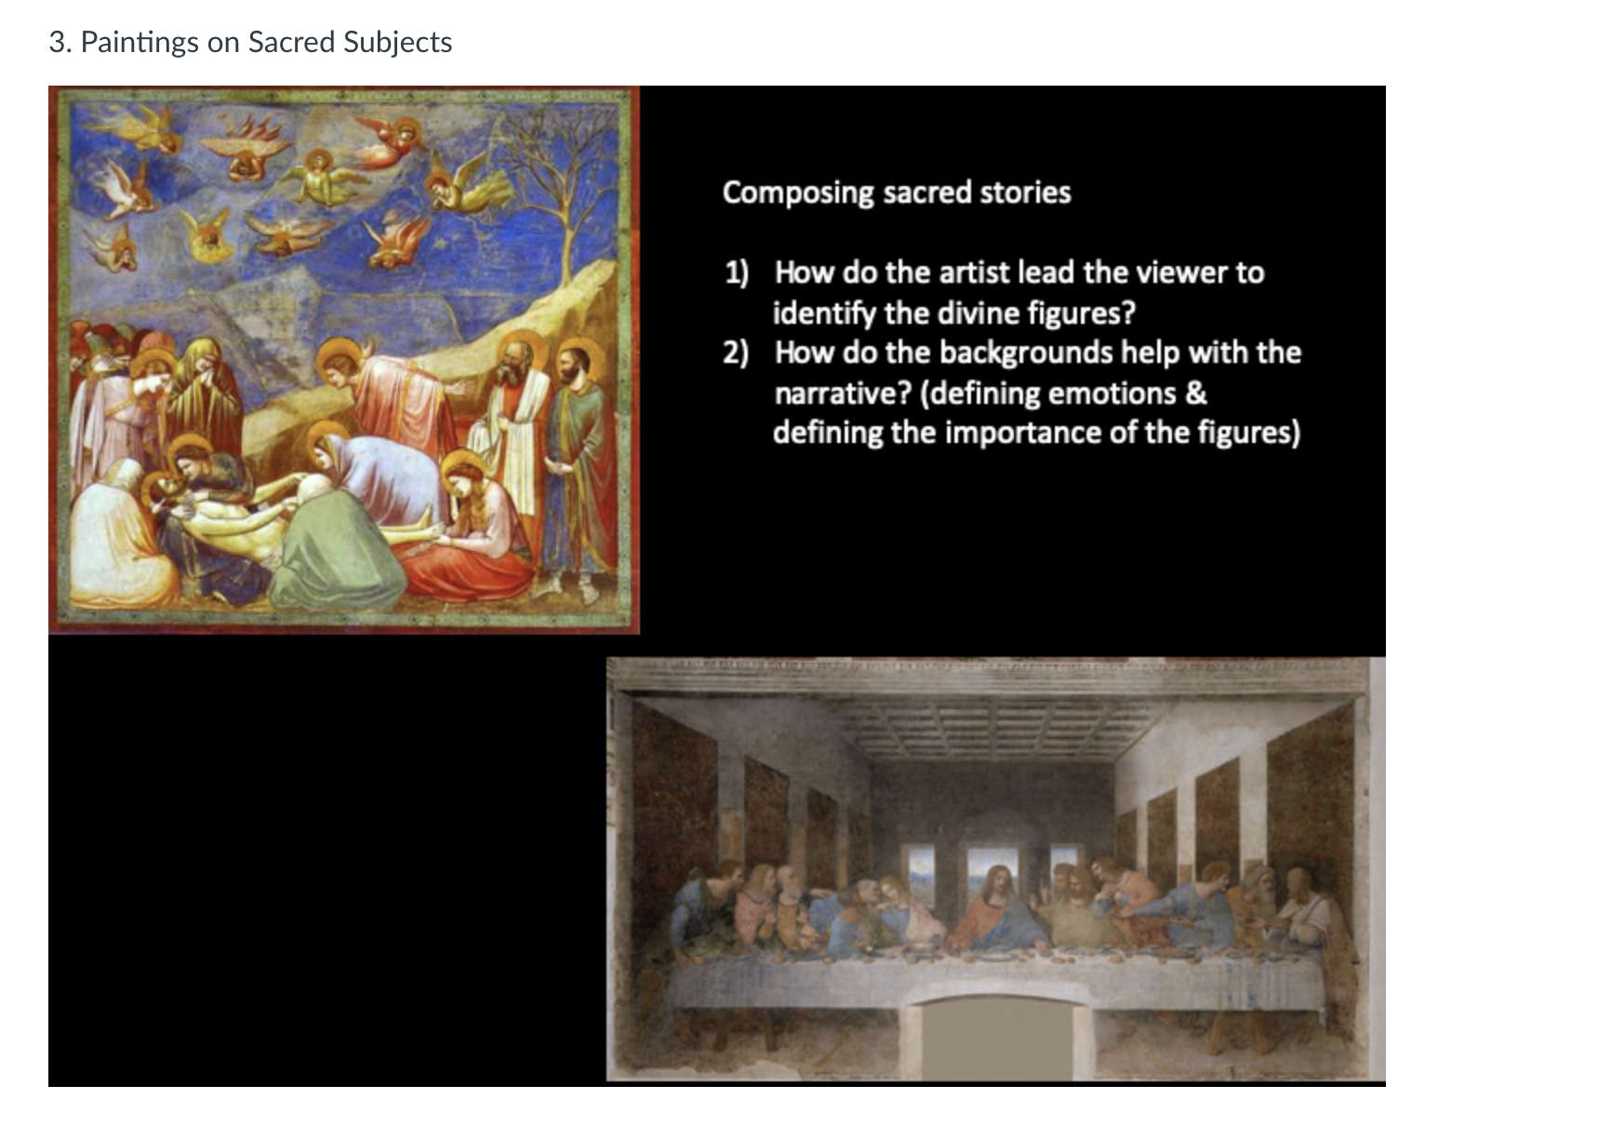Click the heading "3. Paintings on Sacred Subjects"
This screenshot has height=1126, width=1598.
250,42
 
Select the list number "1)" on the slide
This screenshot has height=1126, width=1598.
737,272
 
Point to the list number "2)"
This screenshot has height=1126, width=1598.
736,353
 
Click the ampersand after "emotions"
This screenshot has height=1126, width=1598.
1196,393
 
